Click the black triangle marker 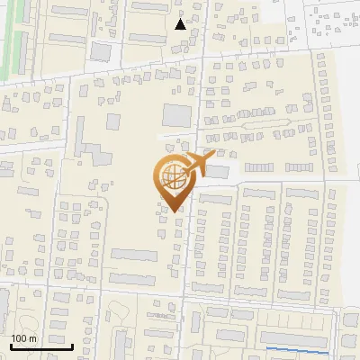click(x=181, y=24)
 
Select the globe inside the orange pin click(x=172, y=175)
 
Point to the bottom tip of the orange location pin click(x=174, y=211)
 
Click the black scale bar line click(x=40, y=346)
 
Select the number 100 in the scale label click(x=20, y=338)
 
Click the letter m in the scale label click(x=32, y=338)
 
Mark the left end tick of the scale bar click(x=10, y=345)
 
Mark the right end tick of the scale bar click(x=72, y=345)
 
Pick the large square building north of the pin click(x=176, y=115)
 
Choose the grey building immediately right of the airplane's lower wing click(x=219, y=172)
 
